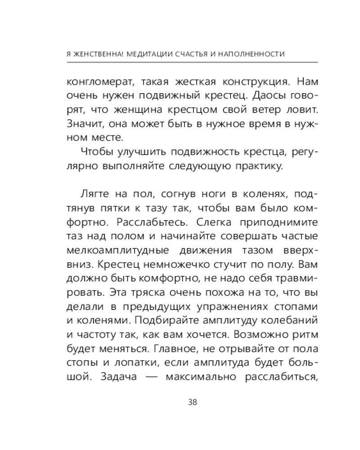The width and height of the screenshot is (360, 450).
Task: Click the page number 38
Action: tap(192, 402)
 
